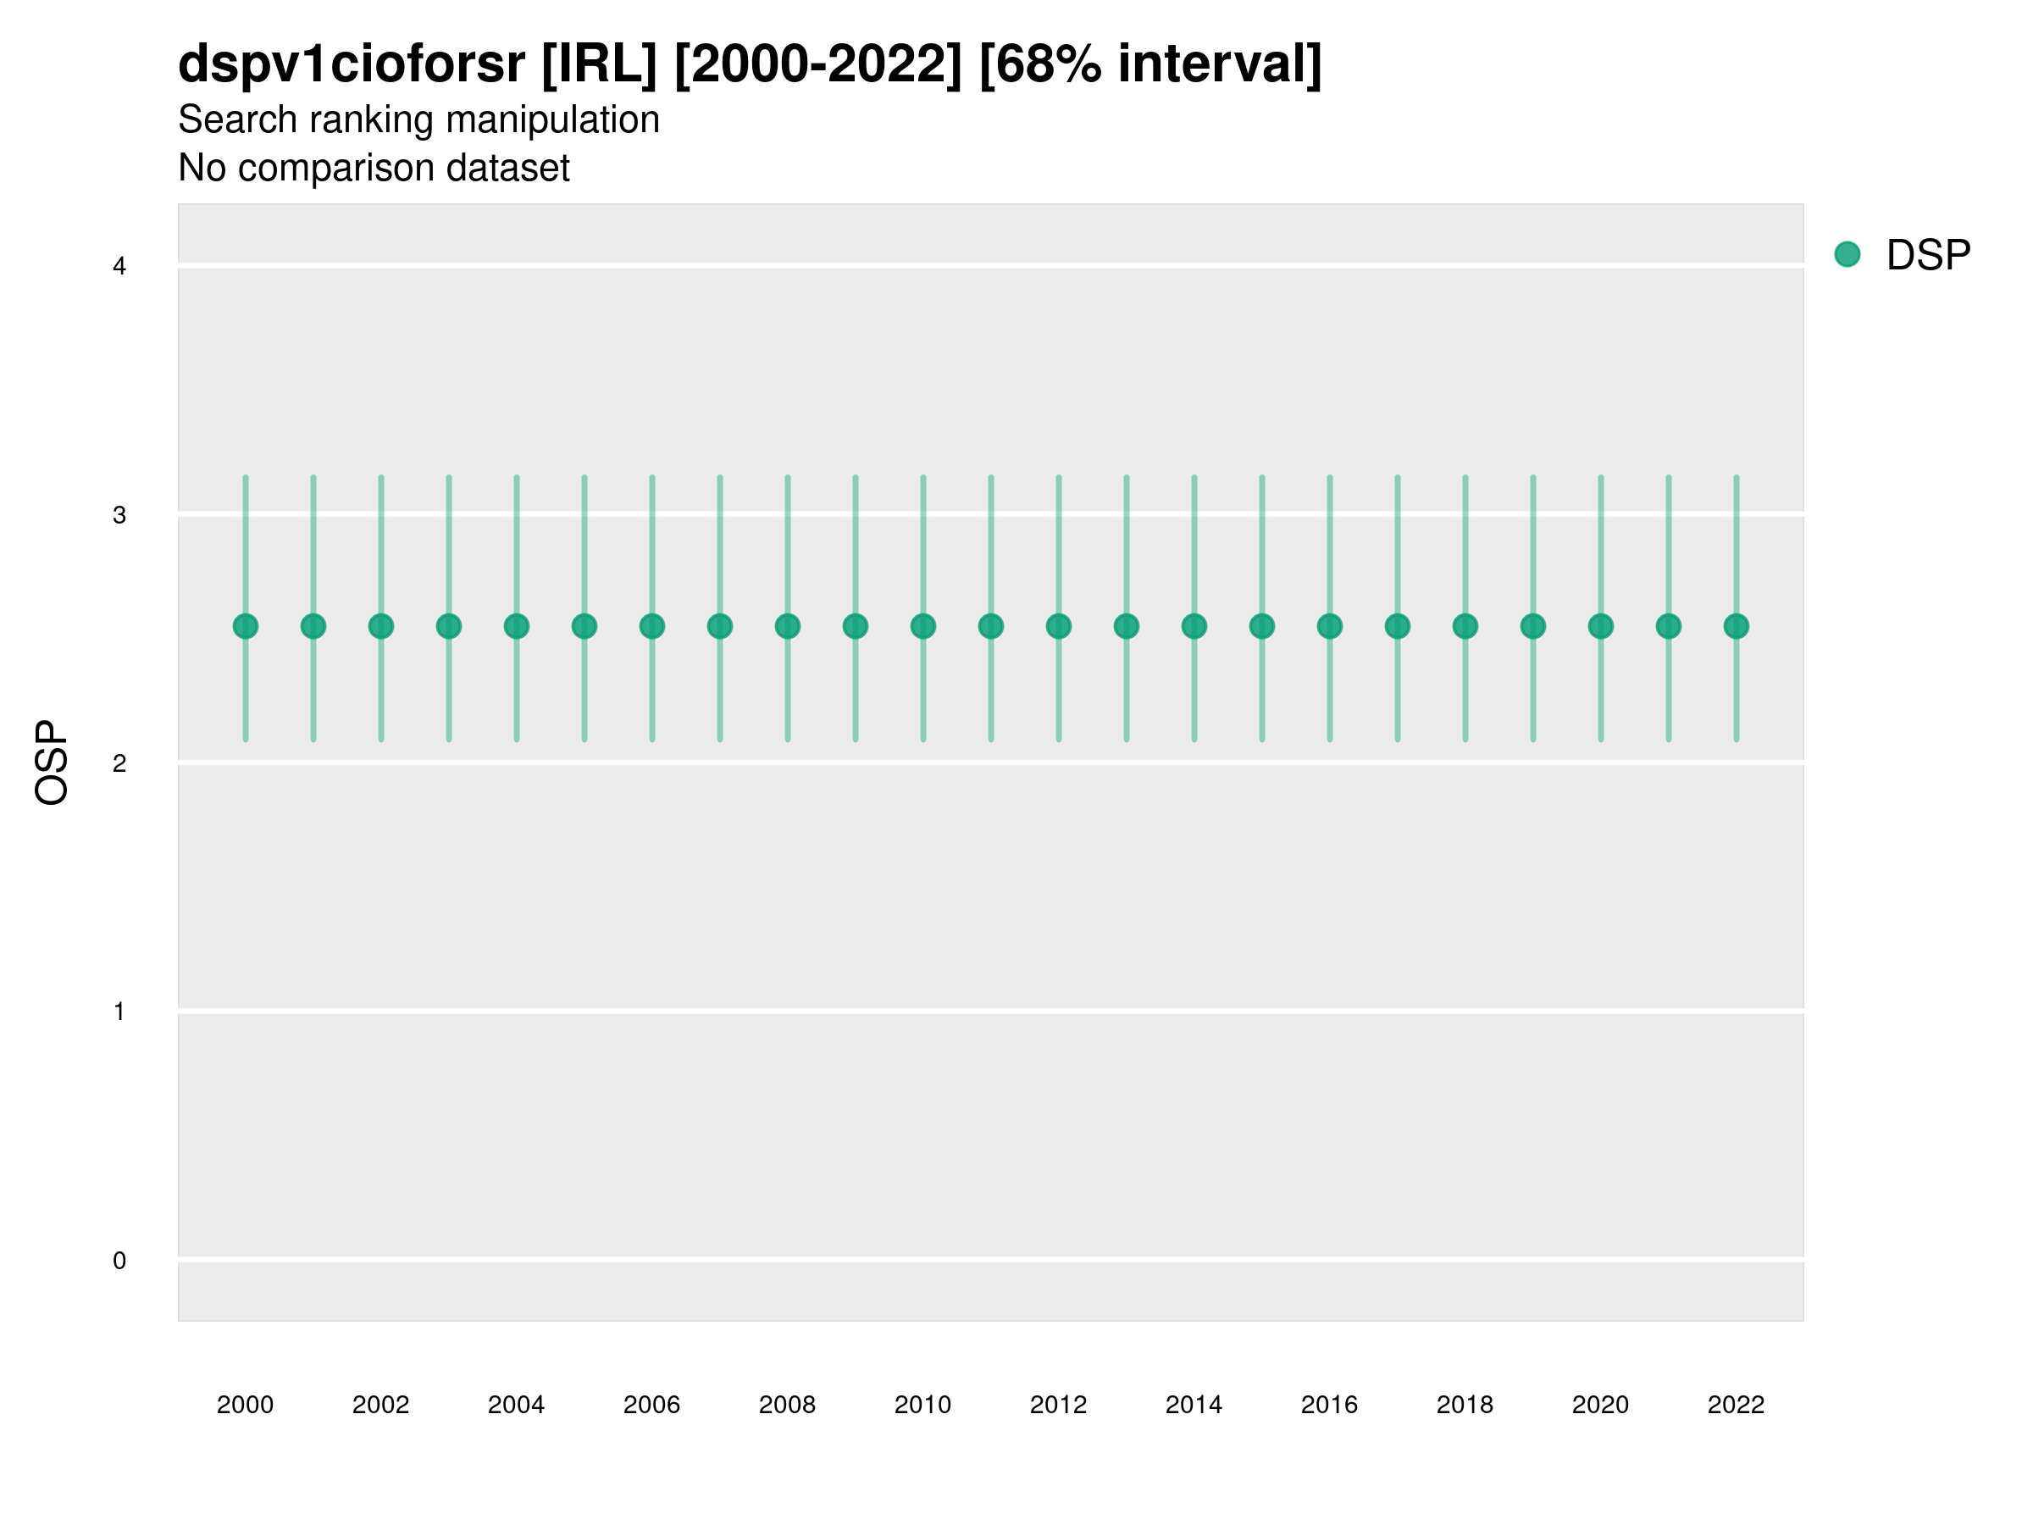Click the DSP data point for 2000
tap(246, 626)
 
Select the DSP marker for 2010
tap(922, 626)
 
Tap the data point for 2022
tap(1737, 626)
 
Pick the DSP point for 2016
tap(1330, 626)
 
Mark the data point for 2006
tap(651, 626)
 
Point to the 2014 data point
tap(1194, 626)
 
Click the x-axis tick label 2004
tap(516, 1405)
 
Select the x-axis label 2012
tap(1058, 1405)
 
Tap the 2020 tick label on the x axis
tap(1600, 1405)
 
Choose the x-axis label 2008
tap(787, 1405)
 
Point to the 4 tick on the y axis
tap(119, 267)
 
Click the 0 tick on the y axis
tap(119, 1261)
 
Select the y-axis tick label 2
tap(119, 763)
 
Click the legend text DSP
tap(1928, 255)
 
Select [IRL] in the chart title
tap(599, 64)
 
